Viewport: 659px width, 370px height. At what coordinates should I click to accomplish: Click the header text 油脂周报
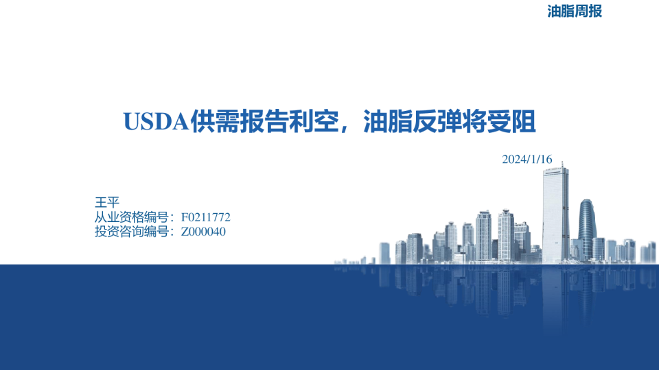pyautogui.click(x=575, y=12)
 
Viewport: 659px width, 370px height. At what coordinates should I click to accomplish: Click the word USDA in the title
pyautogui.click(x=157, y=121)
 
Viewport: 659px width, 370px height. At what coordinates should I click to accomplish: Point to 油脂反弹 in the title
pyautogui.click(x=409, y=121)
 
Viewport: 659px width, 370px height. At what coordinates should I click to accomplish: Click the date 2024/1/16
pyautogui.click(x=527, y=159)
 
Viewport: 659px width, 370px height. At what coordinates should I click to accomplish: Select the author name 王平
pyautogui.click(x=106, y=202)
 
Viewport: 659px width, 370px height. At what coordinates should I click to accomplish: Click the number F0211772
pyautogui.click(x=205, y=217)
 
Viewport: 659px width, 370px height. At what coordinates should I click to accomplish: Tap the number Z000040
pyautogui.click(x=203, y=232)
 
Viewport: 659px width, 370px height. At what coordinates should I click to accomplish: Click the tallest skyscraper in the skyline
pyautogui.click(x=555, y=212)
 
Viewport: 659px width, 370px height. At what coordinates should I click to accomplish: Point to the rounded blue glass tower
pyautogui.click(x=586, y=226)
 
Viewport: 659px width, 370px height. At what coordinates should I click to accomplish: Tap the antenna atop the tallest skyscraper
pyautogui.click(x=562, y=164)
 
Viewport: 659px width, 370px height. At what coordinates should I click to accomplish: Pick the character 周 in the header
pyautogui.click(x=575, y=12)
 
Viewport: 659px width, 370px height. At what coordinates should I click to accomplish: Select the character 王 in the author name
pyautogui.click(x=100, y=202)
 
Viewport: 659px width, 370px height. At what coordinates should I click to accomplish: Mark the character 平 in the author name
pyautogui.click(x=113, y=202)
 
